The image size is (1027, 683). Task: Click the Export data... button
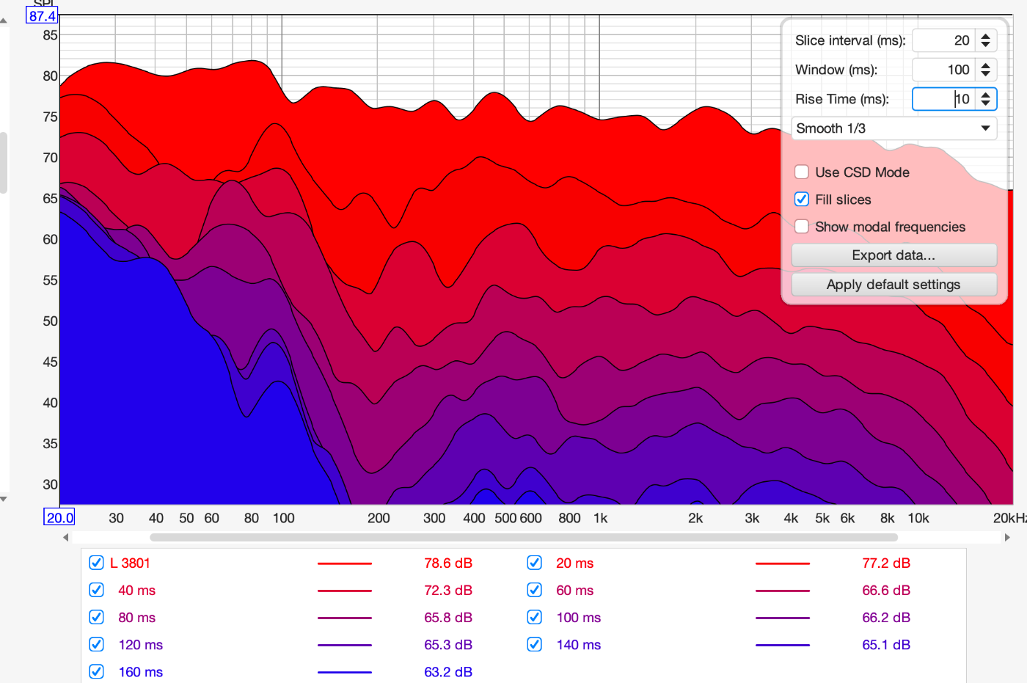coord(893,255)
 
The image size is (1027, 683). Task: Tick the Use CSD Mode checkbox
coord(801,172)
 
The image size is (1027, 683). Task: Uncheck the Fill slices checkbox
coord(801,200)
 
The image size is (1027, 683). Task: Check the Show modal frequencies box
coord(801,227)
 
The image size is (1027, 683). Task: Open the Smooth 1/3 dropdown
coord(893,128)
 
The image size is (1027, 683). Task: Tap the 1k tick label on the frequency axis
coord(600,518)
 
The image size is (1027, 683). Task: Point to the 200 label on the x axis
coord(379,518)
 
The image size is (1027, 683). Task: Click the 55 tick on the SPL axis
coord(50,280)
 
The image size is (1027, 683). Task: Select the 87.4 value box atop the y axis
coord(42,16)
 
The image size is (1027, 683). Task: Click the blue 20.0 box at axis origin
coord(59,517)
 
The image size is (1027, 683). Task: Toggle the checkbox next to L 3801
coord(96,563)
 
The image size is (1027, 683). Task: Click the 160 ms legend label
coord(140,672)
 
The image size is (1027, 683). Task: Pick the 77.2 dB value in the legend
coord(886,563)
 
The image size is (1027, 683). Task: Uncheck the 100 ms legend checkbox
coord(534,617)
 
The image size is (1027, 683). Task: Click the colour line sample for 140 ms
coord(783,645)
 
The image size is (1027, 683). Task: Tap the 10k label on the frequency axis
coord(918,518)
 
